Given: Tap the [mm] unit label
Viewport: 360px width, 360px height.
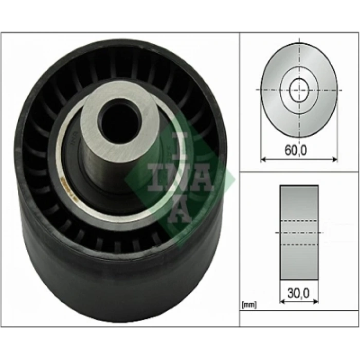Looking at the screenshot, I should pyautogui.click(x=248, y=305).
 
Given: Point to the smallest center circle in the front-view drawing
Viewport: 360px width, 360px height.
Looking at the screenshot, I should pyautogui.click(x=298, y=91).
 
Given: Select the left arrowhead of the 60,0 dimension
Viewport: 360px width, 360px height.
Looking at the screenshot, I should pyautogui.click(x=263, y=159).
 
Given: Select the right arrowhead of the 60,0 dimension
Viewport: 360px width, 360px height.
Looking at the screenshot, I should pyautogui.click(x=335, y=159).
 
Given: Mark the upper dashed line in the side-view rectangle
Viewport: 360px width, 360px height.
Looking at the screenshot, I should pyautogui.click(x=299, y=222).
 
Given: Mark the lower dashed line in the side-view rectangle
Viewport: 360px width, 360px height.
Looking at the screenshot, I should pyautogui.click(x=299, y=244).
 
